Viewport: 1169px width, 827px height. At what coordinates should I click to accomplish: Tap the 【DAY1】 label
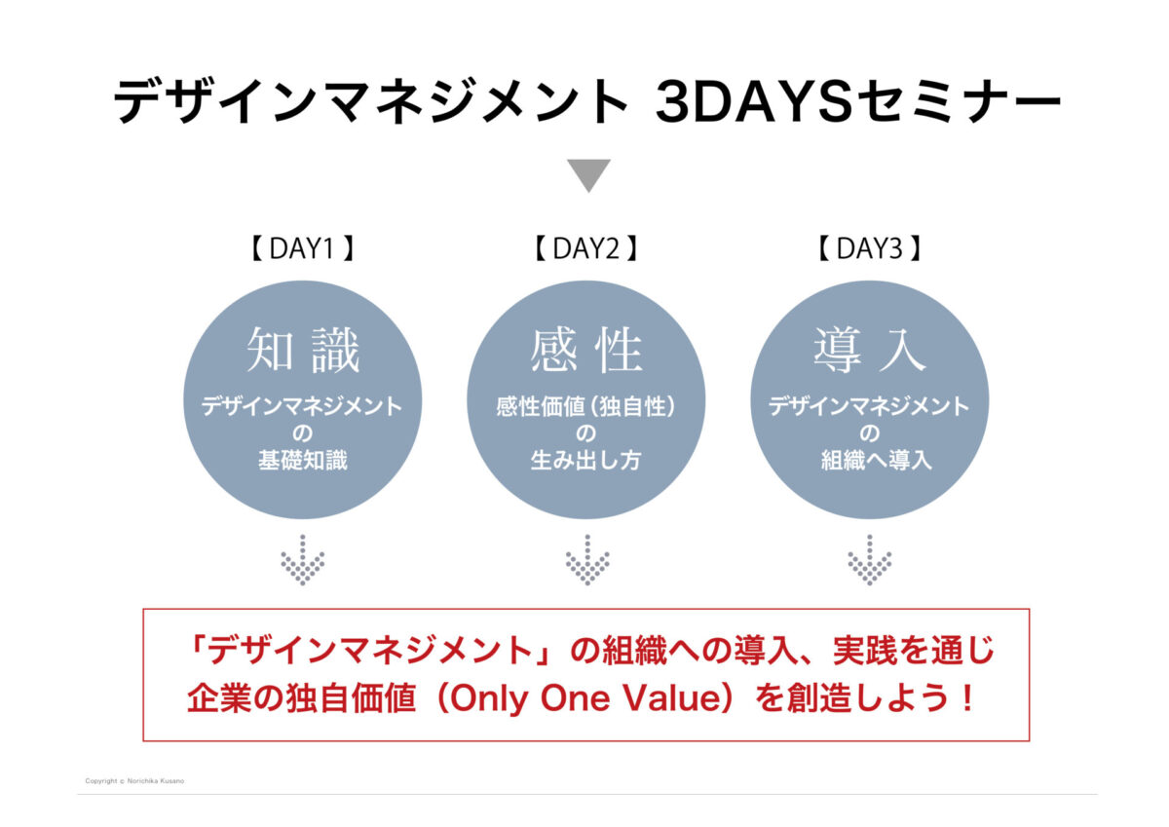(x=303, y=248)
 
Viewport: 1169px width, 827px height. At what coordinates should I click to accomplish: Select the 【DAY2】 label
(x=586, y=248)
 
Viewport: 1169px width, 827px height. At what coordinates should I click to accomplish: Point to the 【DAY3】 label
(x=869, y=248)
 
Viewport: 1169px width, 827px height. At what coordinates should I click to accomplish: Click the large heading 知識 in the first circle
(x=303, y=350)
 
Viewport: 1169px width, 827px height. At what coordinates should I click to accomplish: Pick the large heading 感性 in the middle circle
(x=586, y=350)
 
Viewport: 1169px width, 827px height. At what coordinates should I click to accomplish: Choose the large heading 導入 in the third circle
(x=869, y=350)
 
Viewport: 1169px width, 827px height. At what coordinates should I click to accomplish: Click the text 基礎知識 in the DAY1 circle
(x=303, y=461)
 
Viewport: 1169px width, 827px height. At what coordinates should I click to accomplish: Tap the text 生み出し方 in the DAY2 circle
(x=586, y=461)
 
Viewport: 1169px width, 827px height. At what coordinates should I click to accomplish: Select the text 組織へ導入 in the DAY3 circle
(x=876, y=461)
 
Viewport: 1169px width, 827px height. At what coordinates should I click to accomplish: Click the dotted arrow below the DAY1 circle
(x=303, y=559)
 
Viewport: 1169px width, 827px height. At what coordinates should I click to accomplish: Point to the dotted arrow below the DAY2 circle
(x=587, y=559)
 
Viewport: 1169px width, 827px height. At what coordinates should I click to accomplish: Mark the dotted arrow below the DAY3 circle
(x=869, y=559)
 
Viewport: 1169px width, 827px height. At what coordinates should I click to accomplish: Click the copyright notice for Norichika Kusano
(x=134, y=781)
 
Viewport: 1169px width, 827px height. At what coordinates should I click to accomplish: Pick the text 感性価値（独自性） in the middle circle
(x=586, y=407)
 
